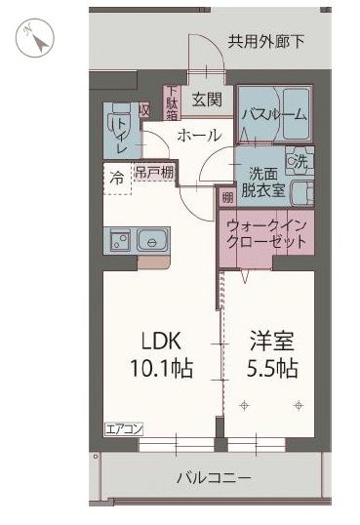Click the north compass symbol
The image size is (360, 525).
pos(36,40)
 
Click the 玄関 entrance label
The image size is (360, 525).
pos(206,100)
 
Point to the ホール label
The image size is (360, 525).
pos(198,136)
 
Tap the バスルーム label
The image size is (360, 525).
pos(273,113)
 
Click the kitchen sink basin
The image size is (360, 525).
pos(153,237)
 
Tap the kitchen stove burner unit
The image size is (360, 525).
pos(120,237)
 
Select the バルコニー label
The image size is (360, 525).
pos(214,478)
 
